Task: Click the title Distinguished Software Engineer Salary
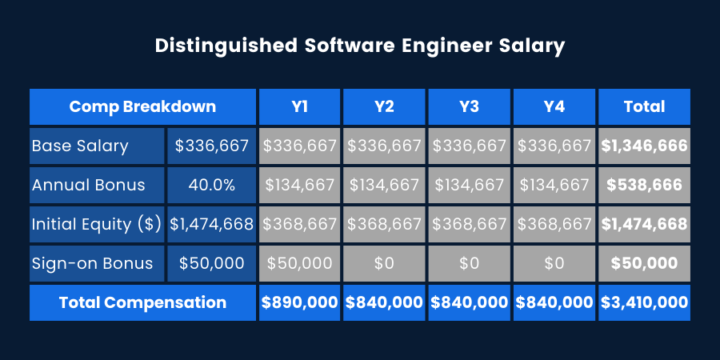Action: (359, 46)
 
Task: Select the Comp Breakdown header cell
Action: (142, 106)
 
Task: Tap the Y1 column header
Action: (299, 106)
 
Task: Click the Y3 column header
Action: (469, 106)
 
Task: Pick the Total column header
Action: (644, 106)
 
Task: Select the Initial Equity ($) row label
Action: (97, 224)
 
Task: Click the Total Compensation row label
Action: (142, 302)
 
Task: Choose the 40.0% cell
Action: (211, 185)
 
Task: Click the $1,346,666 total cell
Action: (644, 146)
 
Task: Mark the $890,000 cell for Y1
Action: (299, 302)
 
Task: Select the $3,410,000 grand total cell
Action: (644, 302)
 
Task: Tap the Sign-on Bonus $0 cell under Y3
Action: (469, 263)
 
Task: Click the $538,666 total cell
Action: (644, 185)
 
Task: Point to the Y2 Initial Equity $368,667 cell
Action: (384, 224)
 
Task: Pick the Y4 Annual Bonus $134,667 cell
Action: (554, 185)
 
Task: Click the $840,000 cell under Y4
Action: (554, 302)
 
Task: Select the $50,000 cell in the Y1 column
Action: (299, 263)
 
